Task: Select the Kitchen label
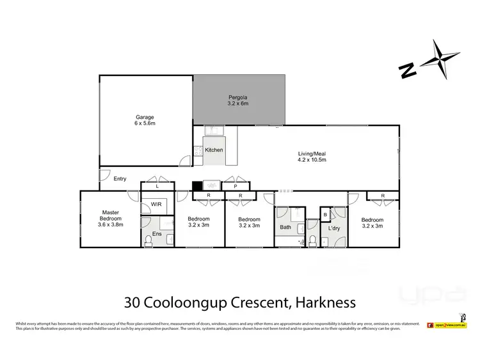point(214,150)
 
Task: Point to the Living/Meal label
point(312,157)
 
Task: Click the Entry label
point(120,179)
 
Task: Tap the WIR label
point(156,205)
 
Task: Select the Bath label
point(285,227)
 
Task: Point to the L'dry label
point(333,228)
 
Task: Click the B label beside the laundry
point(324,215)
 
